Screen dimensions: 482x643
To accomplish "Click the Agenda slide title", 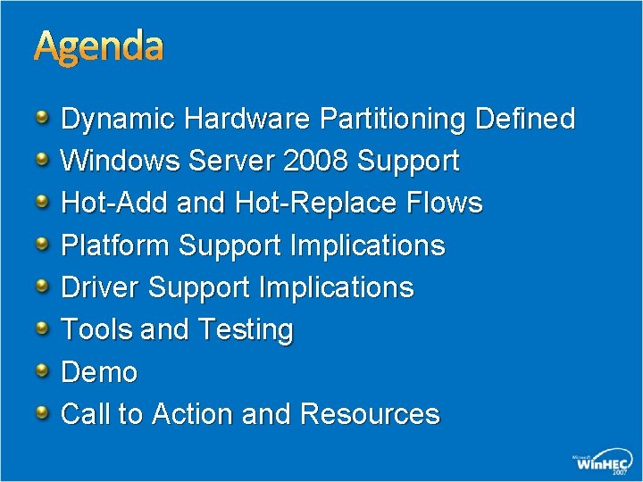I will [98, 47].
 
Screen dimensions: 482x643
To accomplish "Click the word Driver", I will [100, 287].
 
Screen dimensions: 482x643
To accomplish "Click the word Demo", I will [99, 372].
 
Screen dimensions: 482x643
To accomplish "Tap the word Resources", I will [370, 414].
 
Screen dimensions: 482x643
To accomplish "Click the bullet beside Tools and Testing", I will [43, 328].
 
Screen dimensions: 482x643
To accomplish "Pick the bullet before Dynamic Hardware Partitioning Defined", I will [43, 116].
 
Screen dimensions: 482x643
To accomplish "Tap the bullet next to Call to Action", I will [43, 411].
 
